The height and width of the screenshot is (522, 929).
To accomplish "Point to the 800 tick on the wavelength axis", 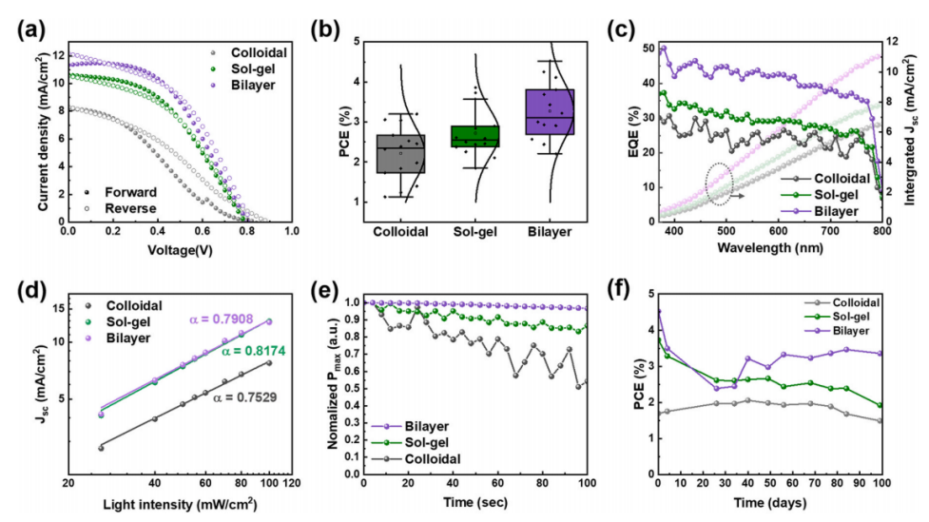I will click(x=881, y=232).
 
